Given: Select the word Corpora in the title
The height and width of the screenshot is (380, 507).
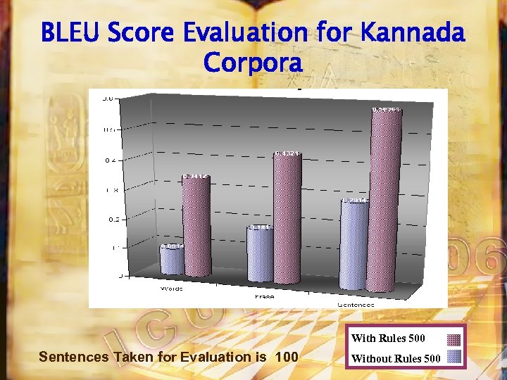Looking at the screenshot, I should (253, 63).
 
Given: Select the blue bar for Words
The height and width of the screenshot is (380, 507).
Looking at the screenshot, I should (172, 260).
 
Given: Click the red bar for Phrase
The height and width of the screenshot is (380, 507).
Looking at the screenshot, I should (287, 218).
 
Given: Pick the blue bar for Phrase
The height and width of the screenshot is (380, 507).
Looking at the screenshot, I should (260, 255).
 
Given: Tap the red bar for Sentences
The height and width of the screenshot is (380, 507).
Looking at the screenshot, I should (386, 197).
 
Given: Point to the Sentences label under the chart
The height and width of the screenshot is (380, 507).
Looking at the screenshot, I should (356, 304).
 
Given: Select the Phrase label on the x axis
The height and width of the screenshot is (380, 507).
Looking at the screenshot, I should (265, 297).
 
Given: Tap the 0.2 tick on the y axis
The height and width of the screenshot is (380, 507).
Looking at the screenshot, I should (110, 219).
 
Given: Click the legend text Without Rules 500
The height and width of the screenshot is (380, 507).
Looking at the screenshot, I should (396, 358).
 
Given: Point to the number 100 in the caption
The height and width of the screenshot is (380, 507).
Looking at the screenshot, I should (287, 357).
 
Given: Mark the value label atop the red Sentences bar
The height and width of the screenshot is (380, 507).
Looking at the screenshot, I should (386, 110).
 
